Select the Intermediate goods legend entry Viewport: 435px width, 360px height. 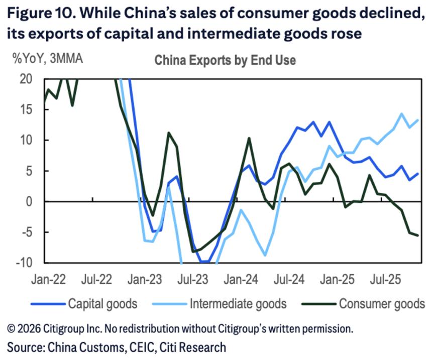(238, 304)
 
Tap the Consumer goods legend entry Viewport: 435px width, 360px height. (382, 304)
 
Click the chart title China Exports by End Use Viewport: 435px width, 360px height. (225, 60)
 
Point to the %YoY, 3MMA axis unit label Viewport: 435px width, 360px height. (48, 59)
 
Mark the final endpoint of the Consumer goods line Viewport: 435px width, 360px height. (418, 236)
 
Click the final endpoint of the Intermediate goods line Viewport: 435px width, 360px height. (418, 120)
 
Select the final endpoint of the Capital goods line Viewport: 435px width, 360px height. (418, 174)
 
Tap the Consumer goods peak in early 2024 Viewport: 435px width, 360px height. (249, 138)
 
